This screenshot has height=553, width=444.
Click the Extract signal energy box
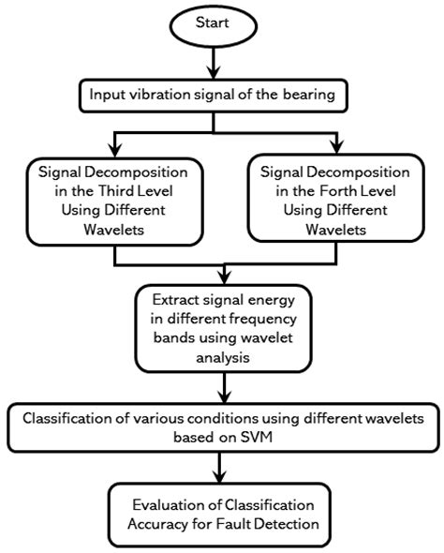[222, 330]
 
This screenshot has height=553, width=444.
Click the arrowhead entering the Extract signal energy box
[222, 278]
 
